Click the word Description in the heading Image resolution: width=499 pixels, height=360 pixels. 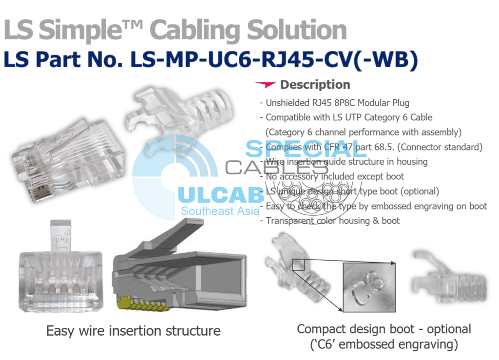pyautogui.click(x=315, y=85)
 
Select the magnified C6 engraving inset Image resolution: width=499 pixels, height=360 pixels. pyautogui.click(x=369, y=288)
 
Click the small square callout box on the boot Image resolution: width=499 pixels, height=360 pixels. pyautogui.click(x=298, y=265)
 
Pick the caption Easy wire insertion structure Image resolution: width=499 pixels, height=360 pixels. pyautogui.click(x=133, y=331)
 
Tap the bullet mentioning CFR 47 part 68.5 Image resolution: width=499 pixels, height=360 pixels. pyautogui.click(x=374, y=147)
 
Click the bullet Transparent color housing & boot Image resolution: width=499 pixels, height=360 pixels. pyautogui.click(x=332, y=221)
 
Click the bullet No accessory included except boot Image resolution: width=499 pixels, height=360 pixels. pyautogui.click(x=335, y=176)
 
